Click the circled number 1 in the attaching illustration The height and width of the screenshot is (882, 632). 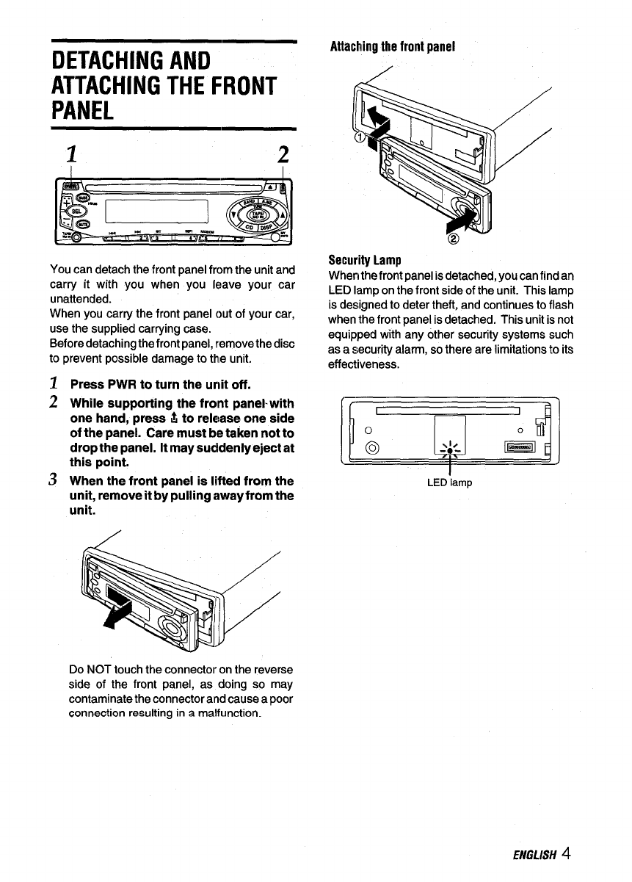360,139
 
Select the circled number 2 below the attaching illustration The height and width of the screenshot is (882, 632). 453,240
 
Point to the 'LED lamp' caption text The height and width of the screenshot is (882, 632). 449,482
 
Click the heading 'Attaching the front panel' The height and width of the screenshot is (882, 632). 393,46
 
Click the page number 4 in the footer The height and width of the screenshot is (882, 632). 567,853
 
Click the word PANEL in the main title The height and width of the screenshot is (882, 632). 82,112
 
